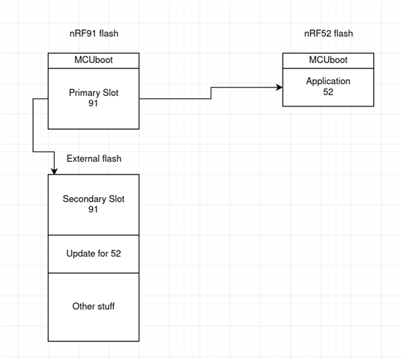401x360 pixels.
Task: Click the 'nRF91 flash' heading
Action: [x=94, y=34]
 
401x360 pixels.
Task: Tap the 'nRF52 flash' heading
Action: [x=328, y=34]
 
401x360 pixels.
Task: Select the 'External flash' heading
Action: [x=94, y=159]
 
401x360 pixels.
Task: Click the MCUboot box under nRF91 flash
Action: [x=94, y=61]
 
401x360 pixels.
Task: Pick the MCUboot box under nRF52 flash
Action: [x=328, y=61]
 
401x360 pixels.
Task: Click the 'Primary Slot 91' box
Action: [x=94, y=99]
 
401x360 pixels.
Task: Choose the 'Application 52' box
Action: [x=328, y=87]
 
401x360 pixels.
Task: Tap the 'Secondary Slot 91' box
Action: [x=94, y=205]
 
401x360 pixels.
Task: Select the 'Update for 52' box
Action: [x=94, y=254]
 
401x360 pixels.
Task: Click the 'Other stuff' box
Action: [x=94, y=307]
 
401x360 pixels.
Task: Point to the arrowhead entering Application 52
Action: [x=280, y=87]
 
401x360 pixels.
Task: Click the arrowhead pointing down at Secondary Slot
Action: [x=54, y=172]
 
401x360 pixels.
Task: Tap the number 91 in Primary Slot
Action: [x=93, y=103]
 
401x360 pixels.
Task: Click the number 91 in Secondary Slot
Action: [x=93, y=209]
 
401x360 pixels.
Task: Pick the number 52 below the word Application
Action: [x=328, y=92]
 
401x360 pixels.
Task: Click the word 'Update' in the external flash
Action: [x=80, y=253]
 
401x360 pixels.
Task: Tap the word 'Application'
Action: [x=328, y=81]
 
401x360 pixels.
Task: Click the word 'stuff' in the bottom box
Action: [x=105, y=306]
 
